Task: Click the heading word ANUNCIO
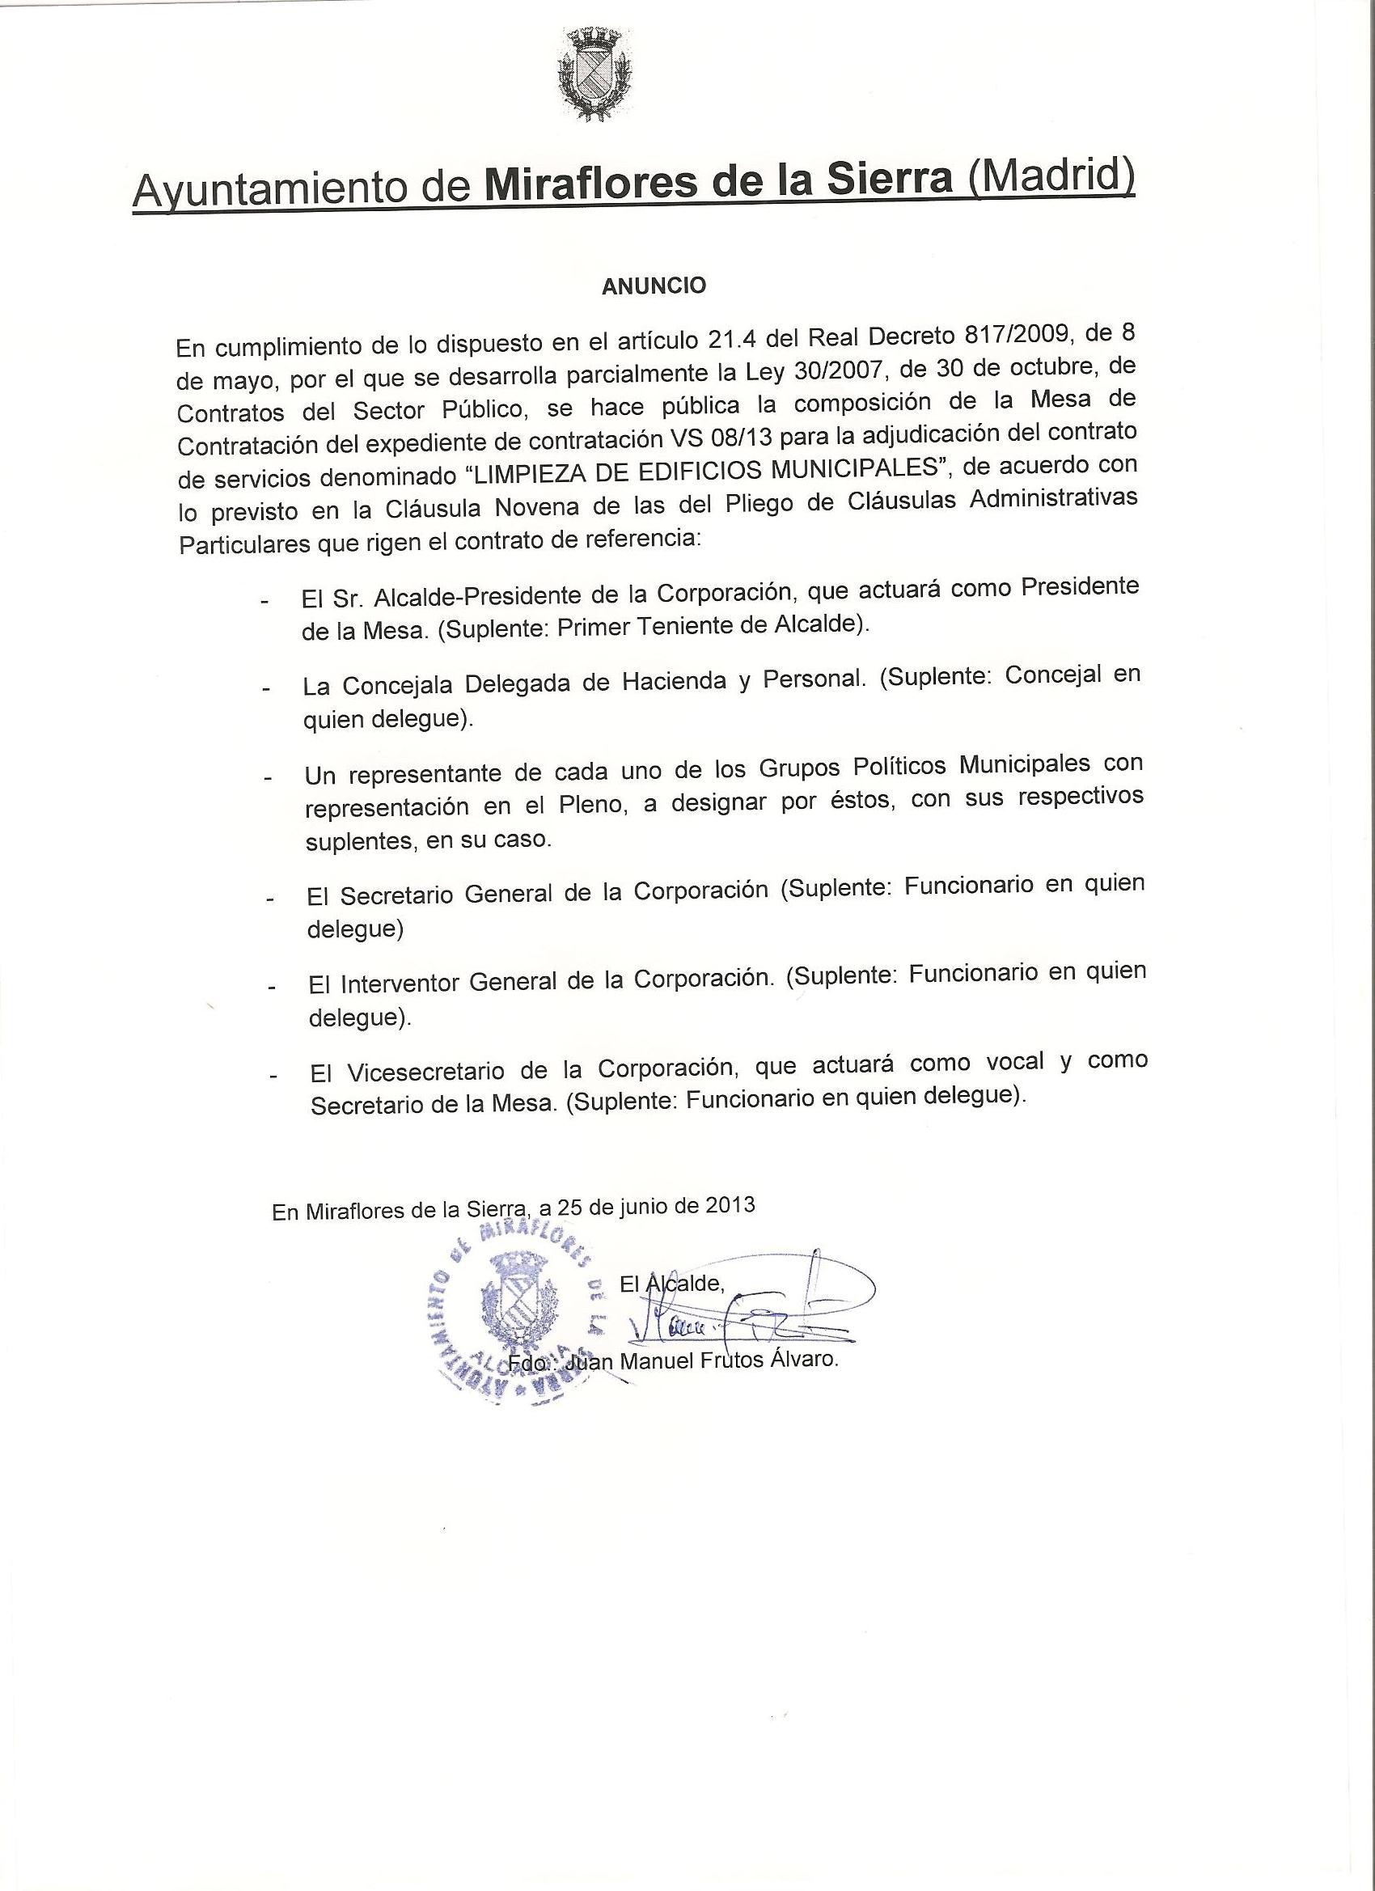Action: (654, 286)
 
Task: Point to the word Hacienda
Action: (675, 681)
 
